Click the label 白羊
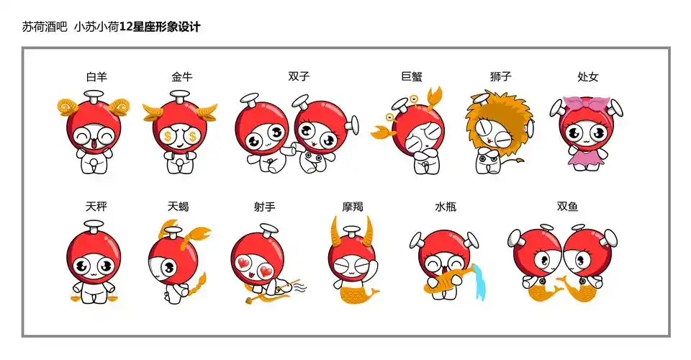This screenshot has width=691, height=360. click(96, 77)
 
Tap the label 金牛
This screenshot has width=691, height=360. click(182, 77)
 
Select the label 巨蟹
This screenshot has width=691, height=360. click(412, 76)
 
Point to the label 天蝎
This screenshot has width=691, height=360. click(178, 206)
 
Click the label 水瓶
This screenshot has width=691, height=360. click(446, 206)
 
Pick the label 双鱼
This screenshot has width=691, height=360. click(567, 206)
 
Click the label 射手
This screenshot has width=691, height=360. click(264, 206)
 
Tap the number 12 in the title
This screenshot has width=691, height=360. click(126, 27)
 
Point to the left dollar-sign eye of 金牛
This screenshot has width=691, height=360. click(168, 135)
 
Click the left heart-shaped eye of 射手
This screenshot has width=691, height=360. click(244, 264)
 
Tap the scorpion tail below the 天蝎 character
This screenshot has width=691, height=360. click(197, 286)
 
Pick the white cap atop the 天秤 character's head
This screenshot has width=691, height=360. click(94, 226)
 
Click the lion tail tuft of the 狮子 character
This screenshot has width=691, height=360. click(520, 161)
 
